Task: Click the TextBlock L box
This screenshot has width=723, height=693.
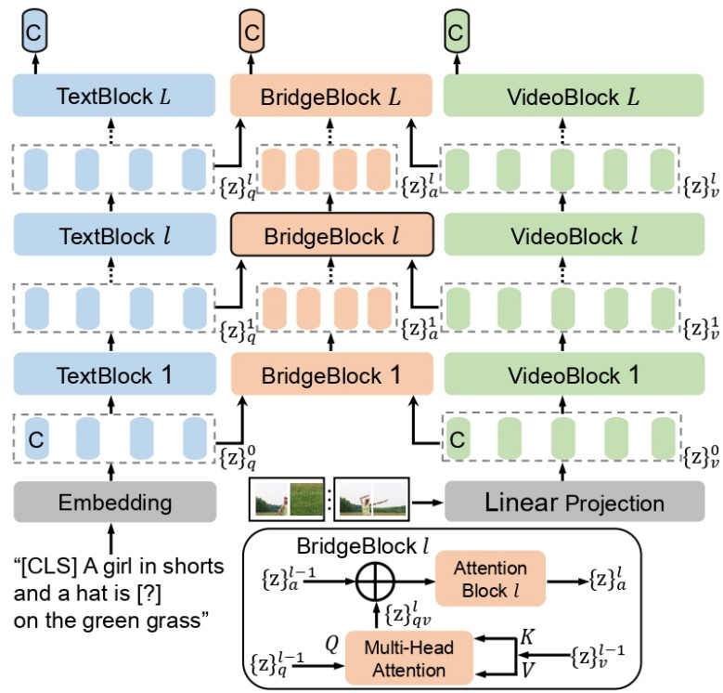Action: click(x=115, y=96)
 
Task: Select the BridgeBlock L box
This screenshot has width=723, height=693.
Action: click(x=330, y=96)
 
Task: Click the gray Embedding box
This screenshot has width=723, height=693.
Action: click(x=115, y=503)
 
